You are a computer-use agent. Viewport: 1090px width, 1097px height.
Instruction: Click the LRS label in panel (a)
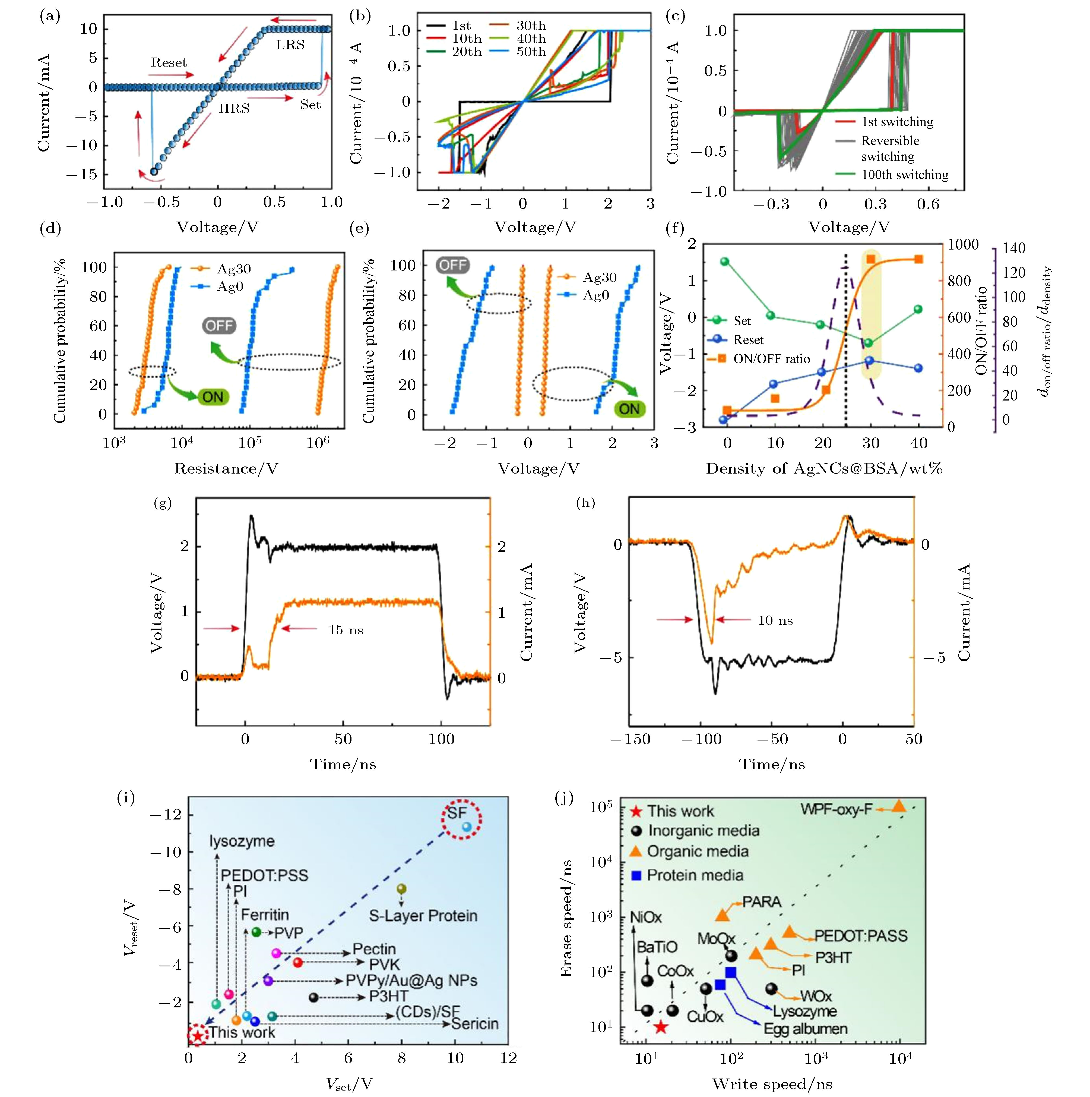(290, 45)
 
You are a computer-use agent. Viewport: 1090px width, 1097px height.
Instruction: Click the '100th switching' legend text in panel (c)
(905, 175)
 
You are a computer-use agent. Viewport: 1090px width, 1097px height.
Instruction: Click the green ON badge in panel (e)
(629, 409)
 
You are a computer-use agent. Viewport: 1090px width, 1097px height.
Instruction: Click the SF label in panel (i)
(457, 812)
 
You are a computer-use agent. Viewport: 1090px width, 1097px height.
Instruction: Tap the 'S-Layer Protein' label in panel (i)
(423, 915)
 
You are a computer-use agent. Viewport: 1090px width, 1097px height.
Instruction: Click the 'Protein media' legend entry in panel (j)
(695, 875)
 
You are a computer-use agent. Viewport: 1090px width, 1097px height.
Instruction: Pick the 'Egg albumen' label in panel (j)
(805, 1028)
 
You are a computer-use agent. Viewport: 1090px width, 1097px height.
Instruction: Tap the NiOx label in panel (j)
(646, 917)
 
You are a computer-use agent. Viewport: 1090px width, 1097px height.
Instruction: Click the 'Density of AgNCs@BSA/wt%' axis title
(824, 468)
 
